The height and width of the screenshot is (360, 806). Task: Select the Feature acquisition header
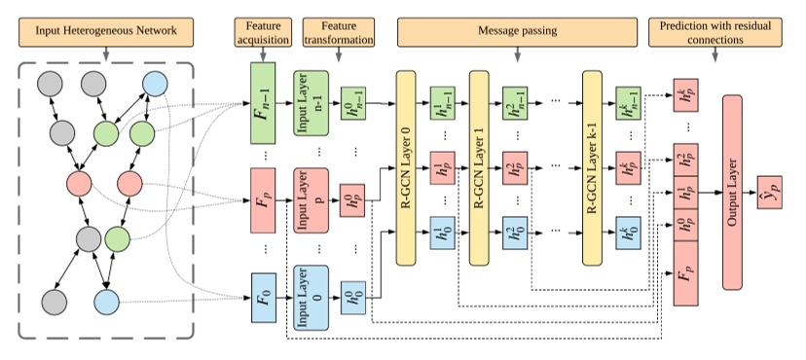click(261, 32)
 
